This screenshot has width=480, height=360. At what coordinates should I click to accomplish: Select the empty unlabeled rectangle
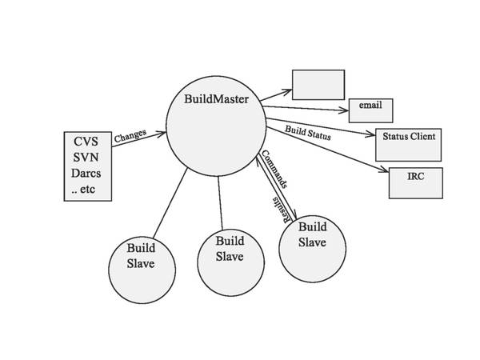(x=318, y=85)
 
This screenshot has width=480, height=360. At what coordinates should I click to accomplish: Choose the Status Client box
(x=408, y=137)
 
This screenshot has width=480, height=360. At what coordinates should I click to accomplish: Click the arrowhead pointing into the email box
(x=345, y=110)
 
